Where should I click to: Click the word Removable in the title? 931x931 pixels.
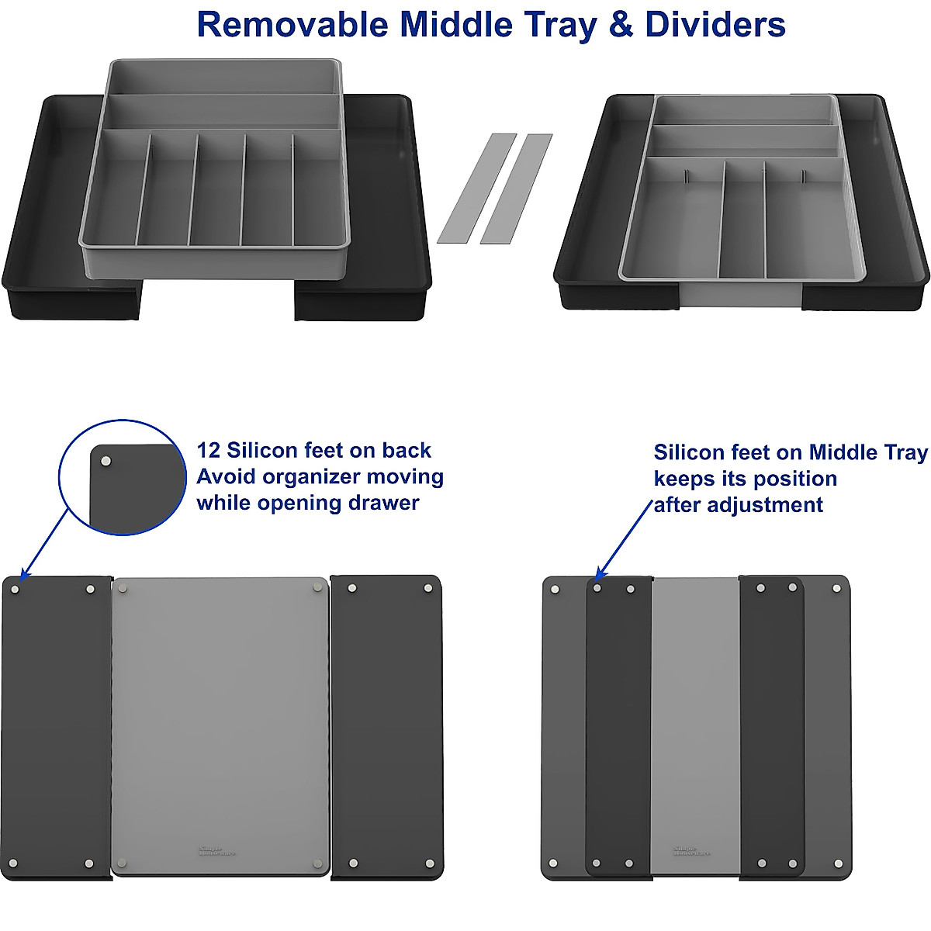pyautogui.click(x=292, y=25)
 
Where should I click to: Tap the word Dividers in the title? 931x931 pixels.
pyautogui.click(x=715, y=25)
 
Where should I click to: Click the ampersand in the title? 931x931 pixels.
pyautogui.click(x=621, y=25)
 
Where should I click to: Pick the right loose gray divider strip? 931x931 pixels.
pyautogui.click(x=516, y=189)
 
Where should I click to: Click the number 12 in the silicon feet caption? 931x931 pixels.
pyautogui.click(x=209, y=451)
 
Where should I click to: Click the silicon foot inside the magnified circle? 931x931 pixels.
pyautogui.click(x=107, y=462)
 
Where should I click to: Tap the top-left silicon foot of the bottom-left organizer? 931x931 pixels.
pyautogui.click(x=15, y=590)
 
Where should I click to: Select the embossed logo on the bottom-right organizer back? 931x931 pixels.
pyautogui.click(x=684, y=850)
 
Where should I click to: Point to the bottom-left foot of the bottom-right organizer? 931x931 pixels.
pyautogui.click(x=553, y=863)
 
